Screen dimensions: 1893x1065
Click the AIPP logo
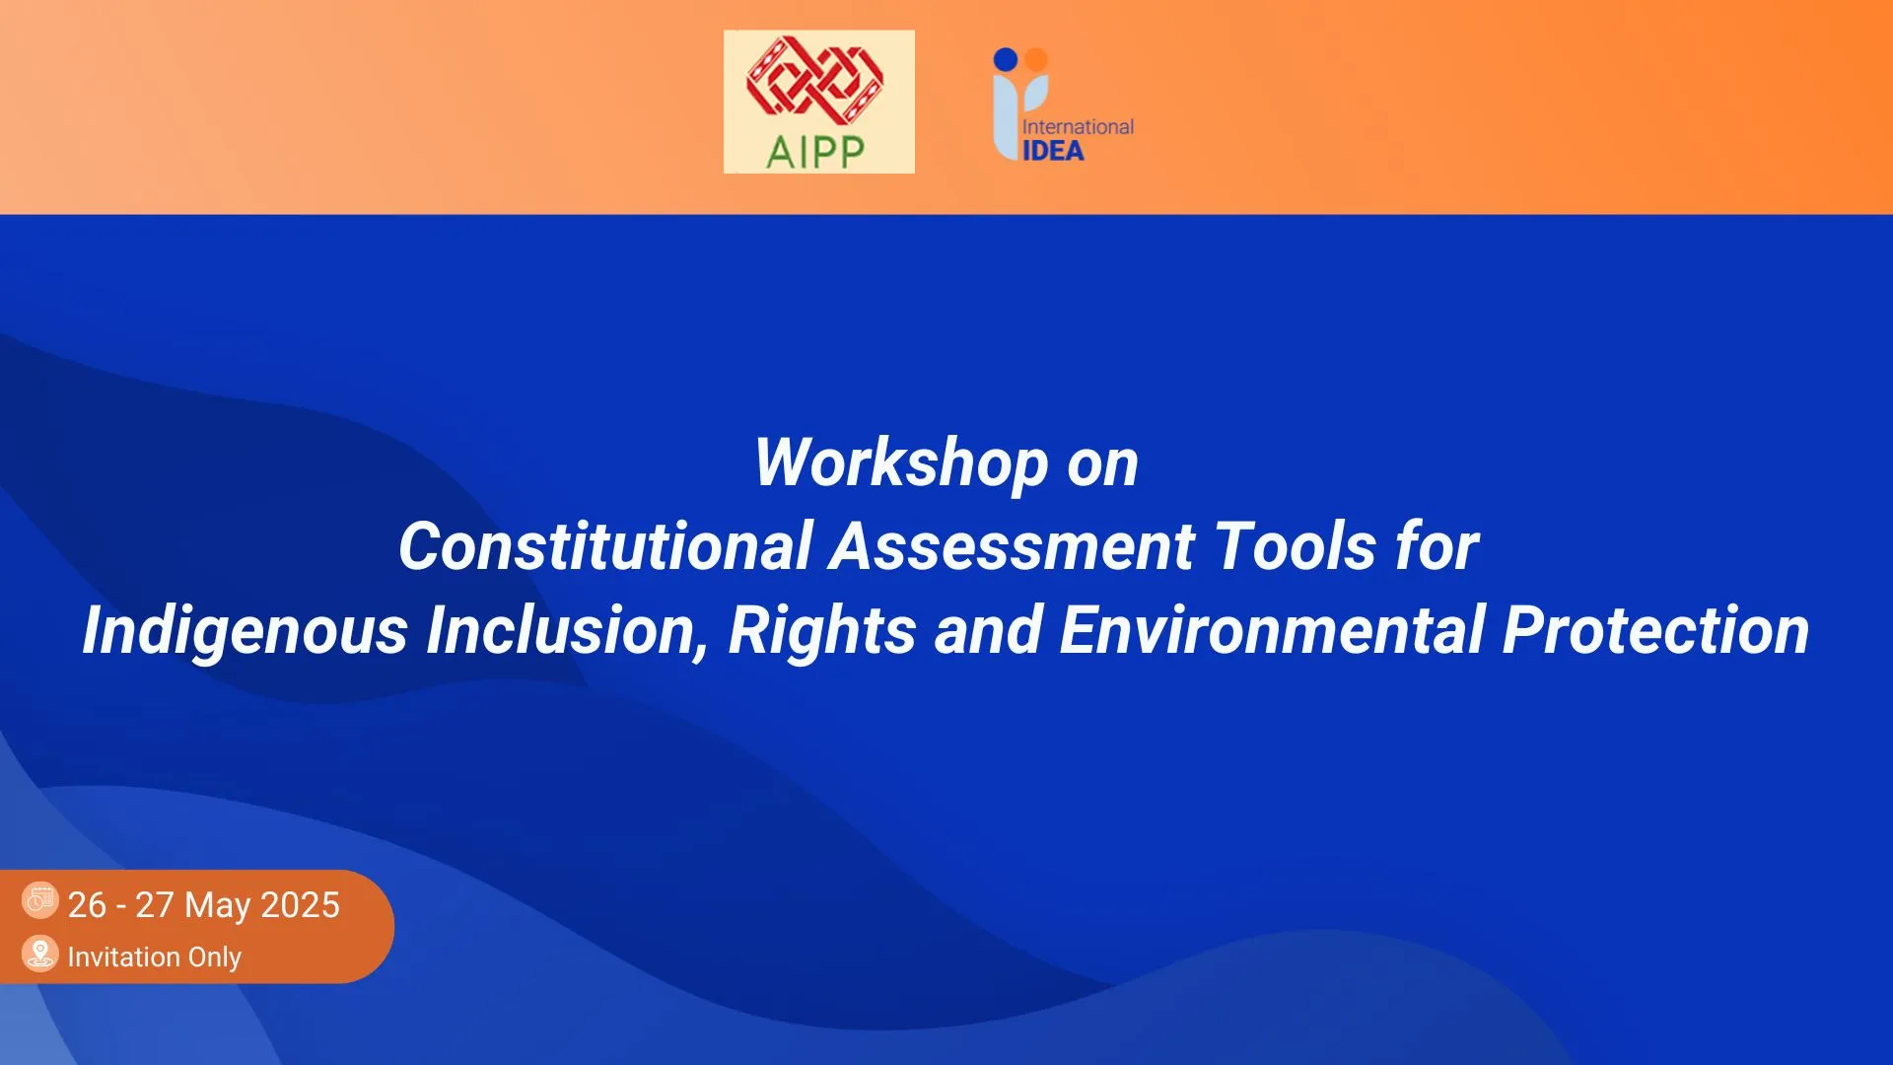click(818, 102)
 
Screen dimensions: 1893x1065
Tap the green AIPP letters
click(815, 152)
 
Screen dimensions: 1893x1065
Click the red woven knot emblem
click(814, 80)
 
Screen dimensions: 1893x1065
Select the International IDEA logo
click(1063, 105)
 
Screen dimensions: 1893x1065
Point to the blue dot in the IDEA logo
click(1005, 59)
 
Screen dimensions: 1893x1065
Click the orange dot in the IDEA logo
click(1035, 59)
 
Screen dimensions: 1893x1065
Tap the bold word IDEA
click(1053, 151)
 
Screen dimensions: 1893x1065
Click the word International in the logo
click(1078, 127)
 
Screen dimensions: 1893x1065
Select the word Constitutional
click(604, 546)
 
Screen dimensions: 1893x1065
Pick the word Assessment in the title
click(1013, 546)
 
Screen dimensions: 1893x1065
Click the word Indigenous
click(245, 631)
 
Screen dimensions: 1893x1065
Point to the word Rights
click(822, 631)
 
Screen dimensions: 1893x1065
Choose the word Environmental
click(1273, 630)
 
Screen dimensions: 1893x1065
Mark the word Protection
click(1656, 630)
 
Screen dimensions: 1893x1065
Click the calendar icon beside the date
click(40, 899)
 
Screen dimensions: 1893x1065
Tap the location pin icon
click(40, 954)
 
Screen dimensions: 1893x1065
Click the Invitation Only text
click(155, 957)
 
